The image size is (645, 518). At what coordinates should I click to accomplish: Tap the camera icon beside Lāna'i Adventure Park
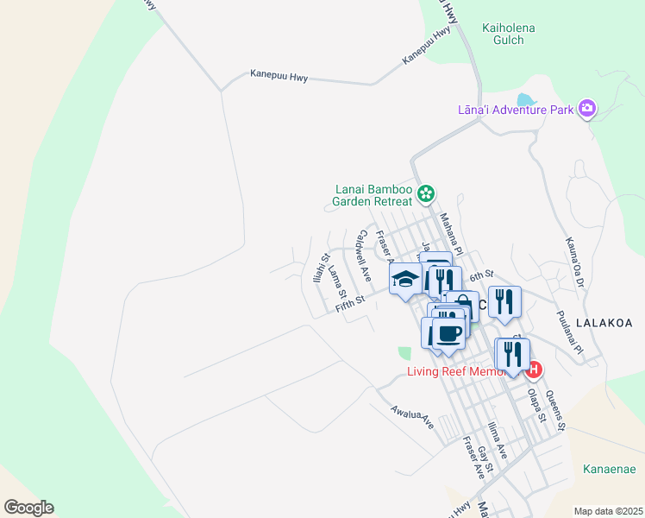coord(587,108)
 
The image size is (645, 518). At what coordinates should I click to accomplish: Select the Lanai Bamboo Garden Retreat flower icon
coord(424,192)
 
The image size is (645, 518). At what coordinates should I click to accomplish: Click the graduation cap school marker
coord(404,280)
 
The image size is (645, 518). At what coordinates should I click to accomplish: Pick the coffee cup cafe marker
coord(448,333)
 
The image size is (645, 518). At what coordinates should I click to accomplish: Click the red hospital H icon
coord(534,370)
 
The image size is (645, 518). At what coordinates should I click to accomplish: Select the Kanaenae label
coord(609,470)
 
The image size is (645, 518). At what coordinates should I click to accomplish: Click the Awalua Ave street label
coord(411,418)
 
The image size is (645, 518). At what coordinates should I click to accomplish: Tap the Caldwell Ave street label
coord(365,256)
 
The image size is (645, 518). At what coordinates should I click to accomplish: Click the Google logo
coord(28,508)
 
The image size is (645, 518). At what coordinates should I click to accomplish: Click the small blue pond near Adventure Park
coord(525,100)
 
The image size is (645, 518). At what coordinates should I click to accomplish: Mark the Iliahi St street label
coord(320,269)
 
